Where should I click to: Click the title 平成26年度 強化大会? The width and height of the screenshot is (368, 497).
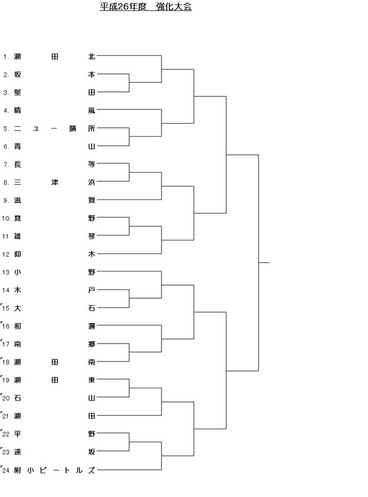click(x=145, y=7)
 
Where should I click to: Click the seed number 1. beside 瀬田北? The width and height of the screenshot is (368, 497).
click(x=6, y=57)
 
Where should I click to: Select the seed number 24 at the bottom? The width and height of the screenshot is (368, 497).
click(x=6, y=470)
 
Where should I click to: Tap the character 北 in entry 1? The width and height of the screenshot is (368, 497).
click(x=91, y=57)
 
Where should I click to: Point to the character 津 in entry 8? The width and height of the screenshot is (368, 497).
click(x=55, y=182)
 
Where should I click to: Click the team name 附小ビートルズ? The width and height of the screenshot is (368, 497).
click(x=55, y=470)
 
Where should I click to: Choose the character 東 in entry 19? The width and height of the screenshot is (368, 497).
click(x=91, y=380)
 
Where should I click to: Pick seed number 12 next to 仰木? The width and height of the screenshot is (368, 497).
click(x=6, y=254)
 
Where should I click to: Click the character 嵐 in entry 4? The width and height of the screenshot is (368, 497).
click(x=91, y=111)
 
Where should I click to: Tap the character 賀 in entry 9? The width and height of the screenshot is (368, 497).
click(x=91, y=200)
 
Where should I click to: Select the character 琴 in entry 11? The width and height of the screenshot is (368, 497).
click(x=91, y=236)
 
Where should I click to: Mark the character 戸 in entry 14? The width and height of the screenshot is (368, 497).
click(x=91, y=290)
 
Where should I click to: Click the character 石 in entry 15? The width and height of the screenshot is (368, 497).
click(x=91, y=308)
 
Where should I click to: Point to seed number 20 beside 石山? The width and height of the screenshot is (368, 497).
click(x=6, y=398)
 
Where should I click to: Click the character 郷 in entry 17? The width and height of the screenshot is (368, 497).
click(x=91, y=344)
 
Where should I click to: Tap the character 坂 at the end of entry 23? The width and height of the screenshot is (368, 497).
click(x=91, y=452)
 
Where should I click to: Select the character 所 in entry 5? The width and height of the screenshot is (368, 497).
click(x=91, y=129)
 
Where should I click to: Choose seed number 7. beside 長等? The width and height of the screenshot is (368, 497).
click(x=6, y=165)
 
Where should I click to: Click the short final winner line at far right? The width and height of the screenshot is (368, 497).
click(x=264, y=262)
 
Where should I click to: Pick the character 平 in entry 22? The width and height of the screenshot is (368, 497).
click(x=17, y=434)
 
